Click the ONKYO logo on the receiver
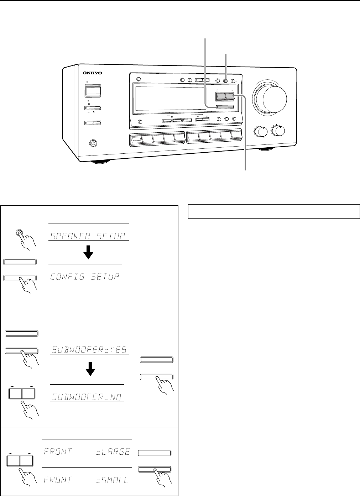(x=93, y=73)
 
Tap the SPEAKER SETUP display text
(x=88, y=236)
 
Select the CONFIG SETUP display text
(x=85, y=277)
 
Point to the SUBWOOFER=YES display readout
(x=89, y=350)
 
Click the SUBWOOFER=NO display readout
(x=87, y=397)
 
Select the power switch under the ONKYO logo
(x=93, y=90)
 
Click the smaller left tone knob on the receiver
(x=261, y=132)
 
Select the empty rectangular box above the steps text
(x=274, y=211)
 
